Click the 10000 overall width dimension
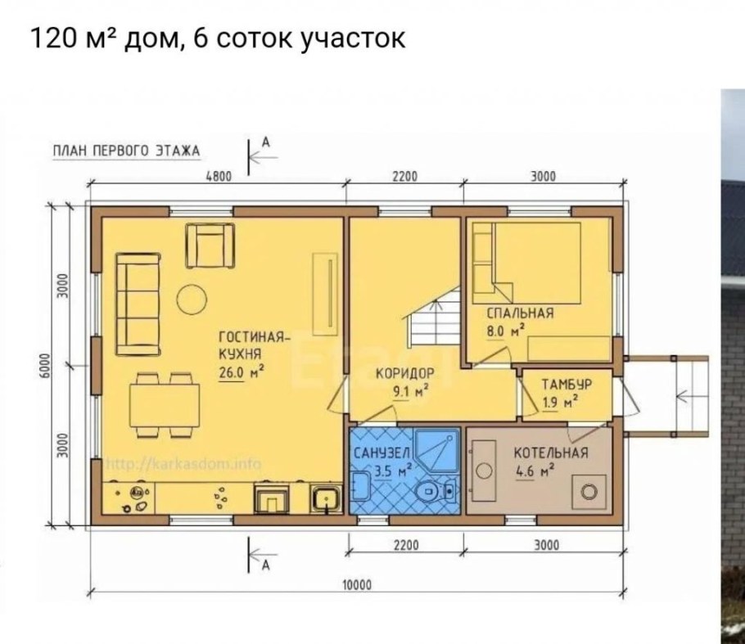[353, 583]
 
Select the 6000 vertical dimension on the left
[47, 365]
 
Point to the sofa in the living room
[137, 304]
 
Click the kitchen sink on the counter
[324, 498]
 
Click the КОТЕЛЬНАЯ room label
[550, 453]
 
